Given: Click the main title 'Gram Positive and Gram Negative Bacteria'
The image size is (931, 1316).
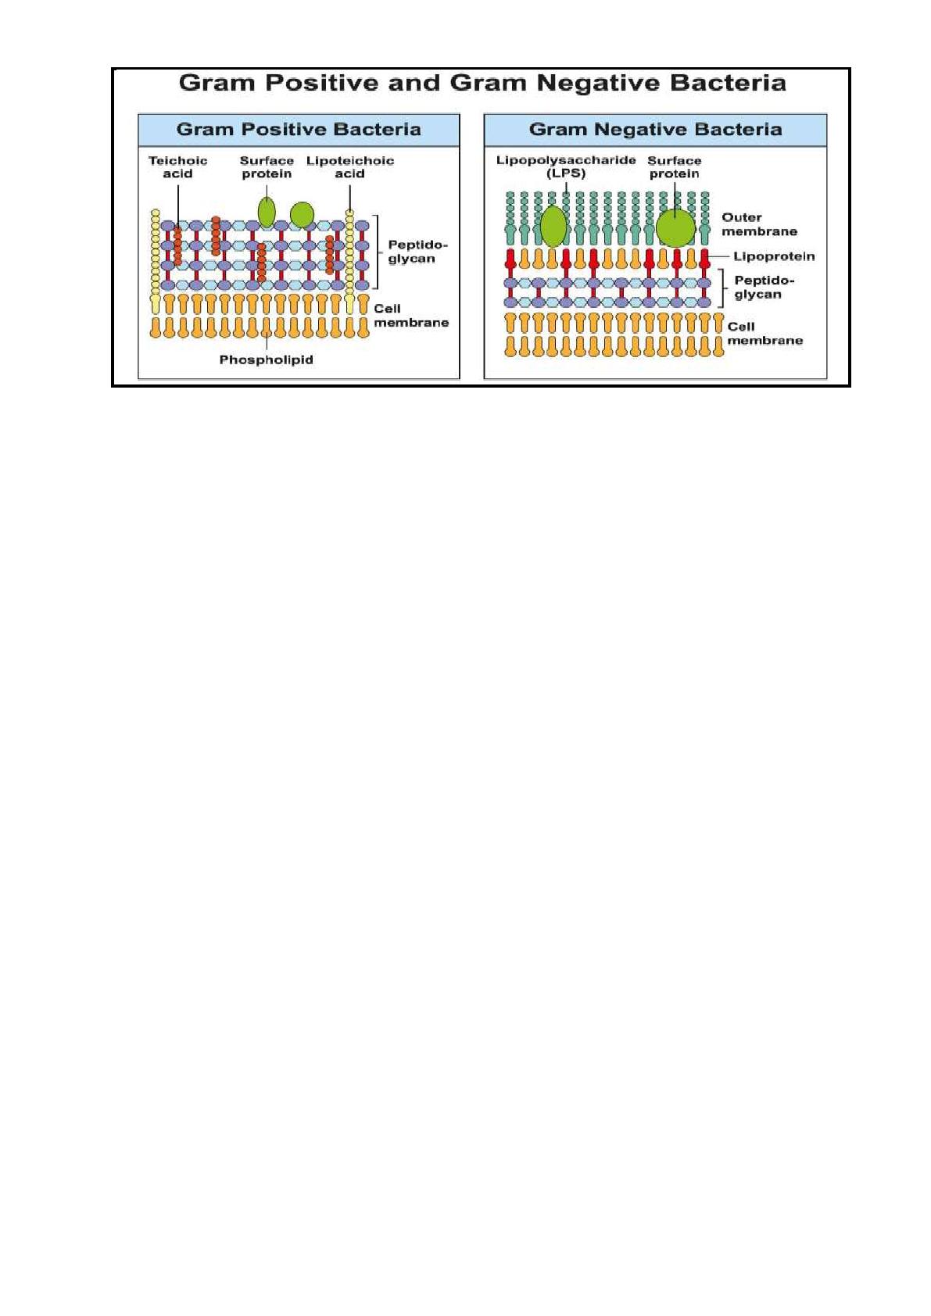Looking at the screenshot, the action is click(482, 83).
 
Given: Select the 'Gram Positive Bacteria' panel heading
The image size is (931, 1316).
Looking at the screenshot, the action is click(299, 129).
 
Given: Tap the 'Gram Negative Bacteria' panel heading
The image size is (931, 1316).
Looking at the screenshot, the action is click(655, 129).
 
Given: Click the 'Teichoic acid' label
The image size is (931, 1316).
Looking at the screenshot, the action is click(177, 167).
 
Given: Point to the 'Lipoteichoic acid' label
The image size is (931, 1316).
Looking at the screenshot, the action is click(349, 167).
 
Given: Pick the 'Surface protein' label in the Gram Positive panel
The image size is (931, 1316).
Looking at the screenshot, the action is click(267, 167).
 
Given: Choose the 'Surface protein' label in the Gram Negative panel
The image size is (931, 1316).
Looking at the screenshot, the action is click(674, 167).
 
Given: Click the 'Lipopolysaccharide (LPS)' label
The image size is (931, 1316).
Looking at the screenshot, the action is click(565, 167).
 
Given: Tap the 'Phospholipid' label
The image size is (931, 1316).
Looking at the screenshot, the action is click(266, 359).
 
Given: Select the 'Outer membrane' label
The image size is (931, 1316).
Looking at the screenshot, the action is click(759, 224).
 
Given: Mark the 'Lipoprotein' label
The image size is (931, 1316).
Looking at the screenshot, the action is click(773, 256).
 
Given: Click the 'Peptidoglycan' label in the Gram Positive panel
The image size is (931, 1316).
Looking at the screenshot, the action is click(417, 252).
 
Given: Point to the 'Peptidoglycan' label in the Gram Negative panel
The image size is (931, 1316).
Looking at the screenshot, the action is click(764, 288).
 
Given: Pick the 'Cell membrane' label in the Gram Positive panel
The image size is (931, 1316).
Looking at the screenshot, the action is click(411, 316).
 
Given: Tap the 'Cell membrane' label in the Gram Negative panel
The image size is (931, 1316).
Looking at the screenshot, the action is click(764, 334).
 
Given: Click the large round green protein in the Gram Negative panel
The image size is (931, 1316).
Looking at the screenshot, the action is click(675, 228).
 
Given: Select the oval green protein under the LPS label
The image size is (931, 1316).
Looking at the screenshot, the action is click(553, 226).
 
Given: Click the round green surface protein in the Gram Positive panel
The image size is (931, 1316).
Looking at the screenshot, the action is click(302, 214).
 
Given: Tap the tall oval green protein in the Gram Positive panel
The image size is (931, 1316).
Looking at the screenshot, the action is click(267, 212).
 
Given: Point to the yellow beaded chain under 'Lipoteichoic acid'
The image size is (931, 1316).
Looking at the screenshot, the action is click(349, 262).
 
